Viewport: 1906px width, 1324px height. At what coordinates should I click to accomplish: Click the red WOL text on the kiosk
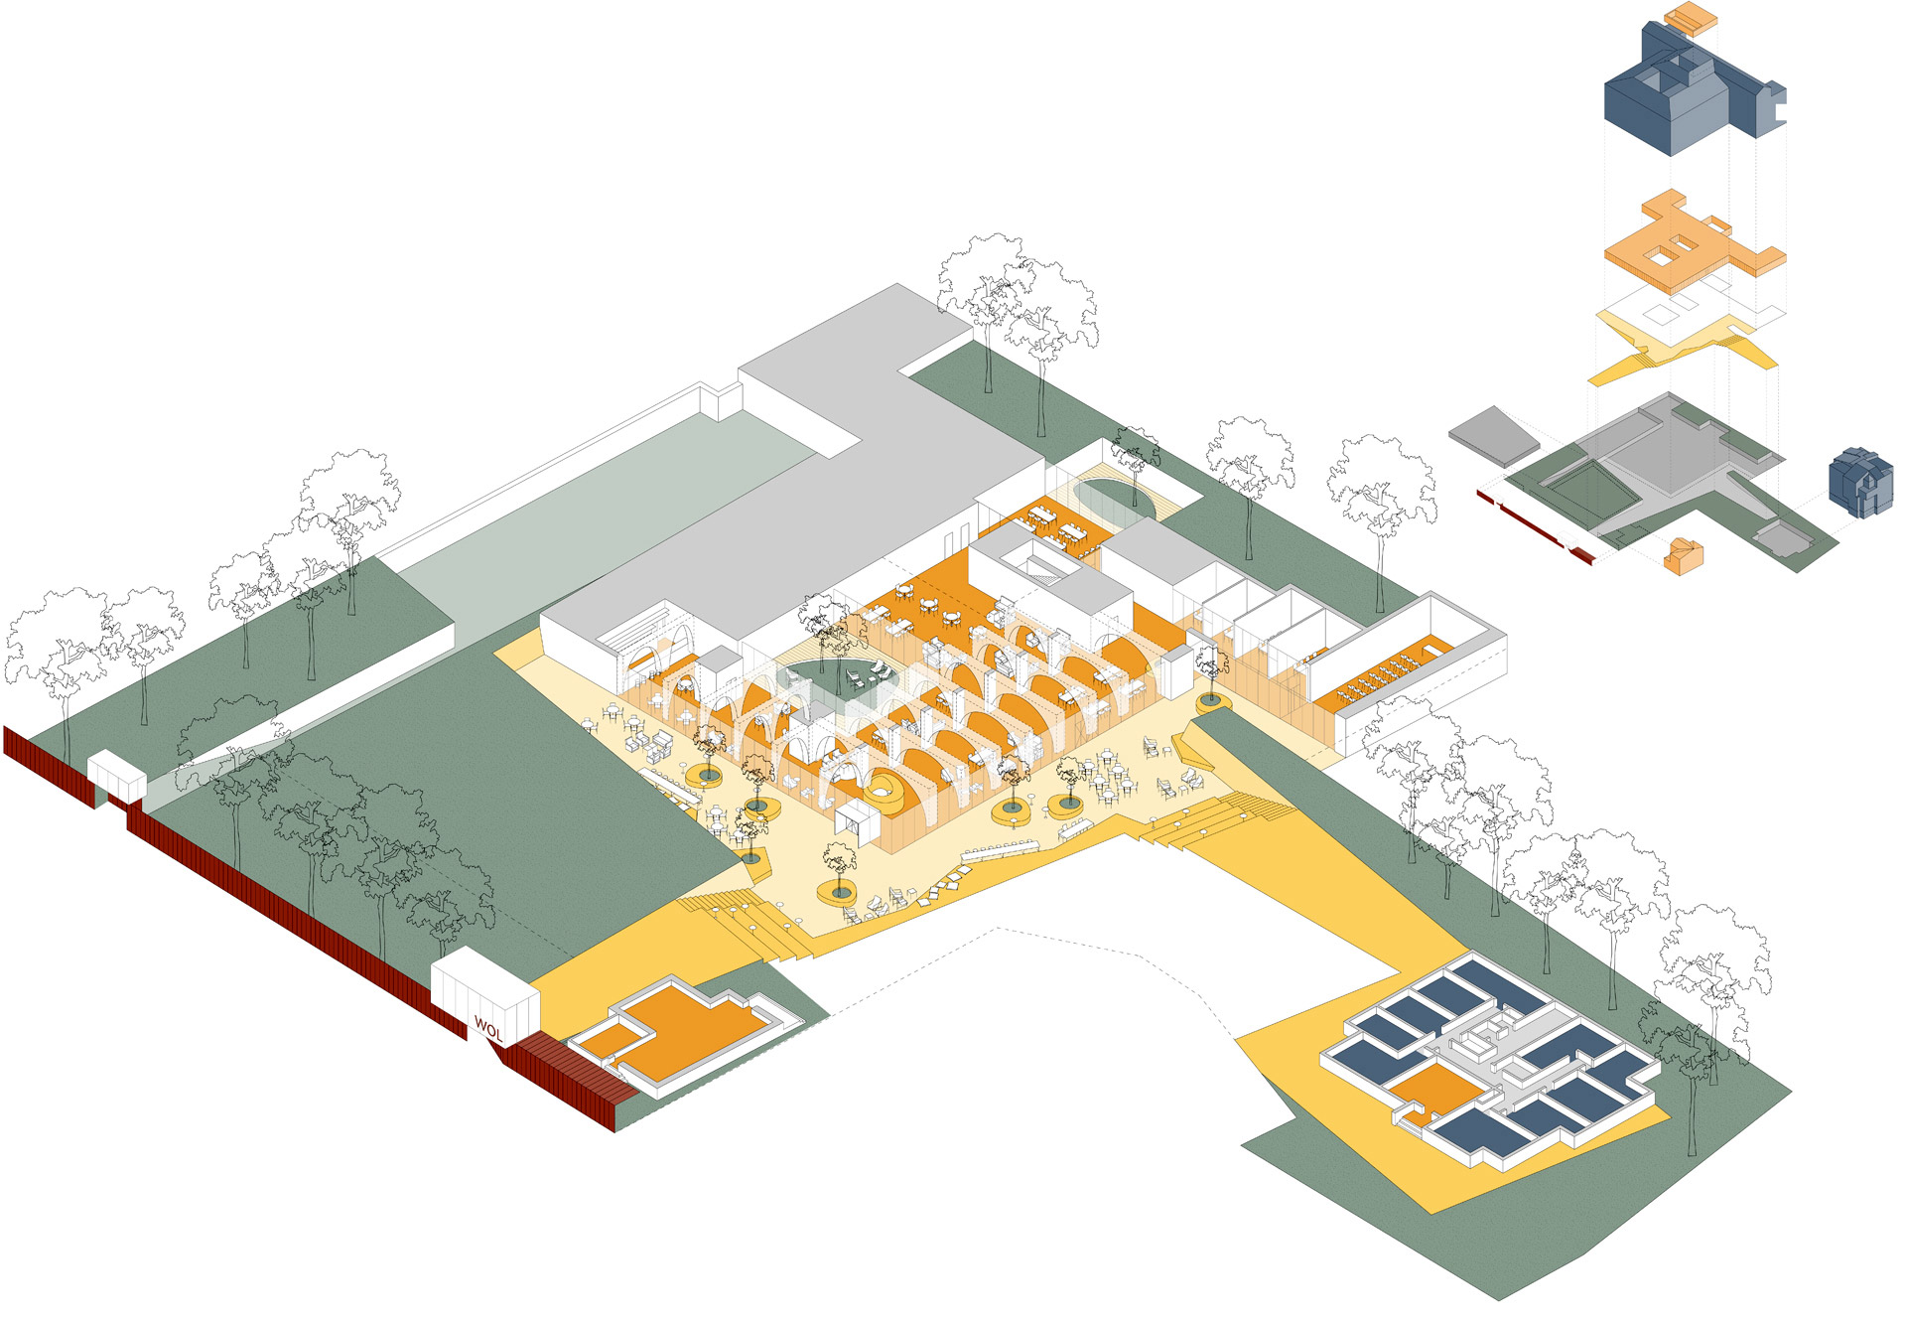(488, 1027)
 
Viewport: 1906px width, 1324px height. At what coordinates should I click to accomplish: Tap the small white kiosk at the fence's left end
(117, 777)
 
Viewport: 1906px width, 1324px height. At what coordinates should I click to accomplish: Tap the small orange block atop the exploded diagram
(1690, 17)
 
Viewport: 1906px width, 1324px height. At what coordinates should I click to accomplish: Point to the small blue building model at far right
(1860, 482)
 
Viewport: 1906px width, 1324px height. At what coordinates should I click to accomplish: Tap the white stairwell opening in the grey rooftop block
(1036, 569)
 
